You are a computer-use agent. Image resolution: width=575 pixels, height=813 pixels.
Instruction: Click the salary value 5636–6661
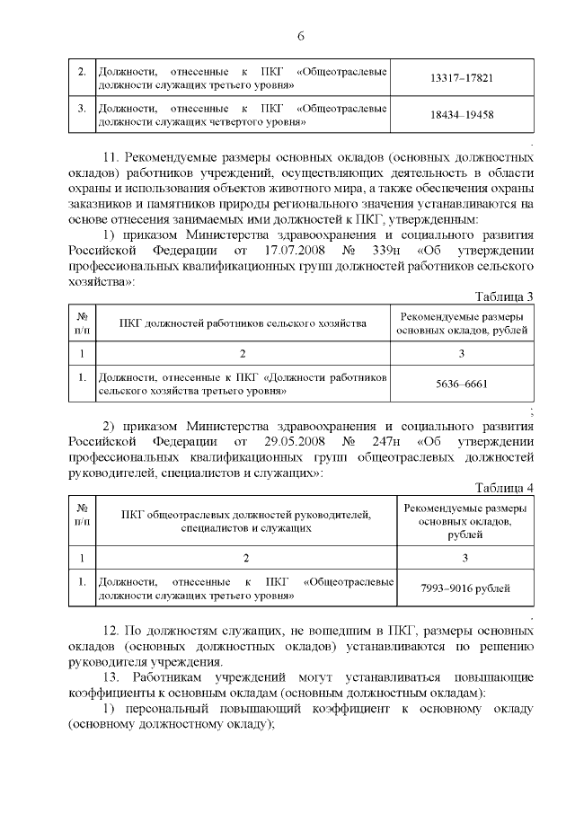click(462, 384)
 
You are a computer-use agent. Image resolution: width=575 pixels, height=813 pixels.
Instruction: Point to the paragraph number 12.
click(112, 632)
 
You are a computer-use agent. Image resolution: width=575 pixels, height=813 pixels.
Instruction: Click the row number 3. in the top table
click(82, 109)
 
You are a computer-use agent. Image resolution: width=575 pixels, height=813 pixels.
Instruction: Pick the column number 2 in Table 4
click(245, 558)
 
